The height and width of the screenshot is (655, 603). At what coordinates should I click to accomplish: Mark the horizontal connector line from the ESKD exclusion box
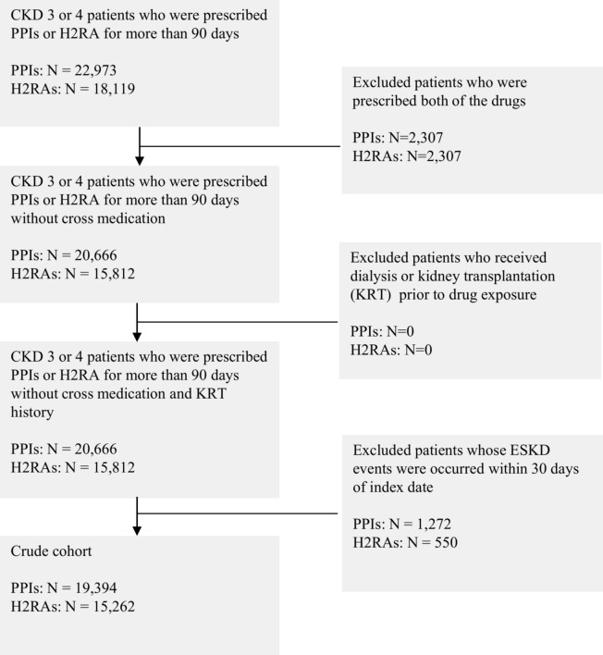(240, 513)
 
